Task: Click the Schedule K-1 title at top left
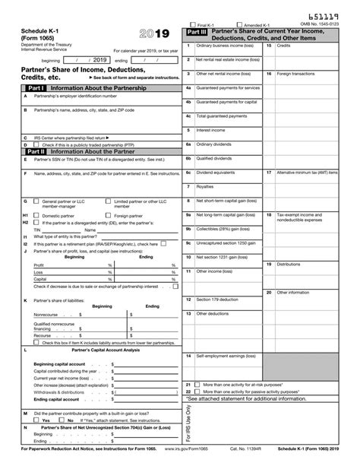point(26,30)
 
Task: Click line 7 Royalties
point(204,186)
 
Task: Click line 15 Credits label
point(283,46)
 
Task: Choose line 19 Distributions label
point(289,264)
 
